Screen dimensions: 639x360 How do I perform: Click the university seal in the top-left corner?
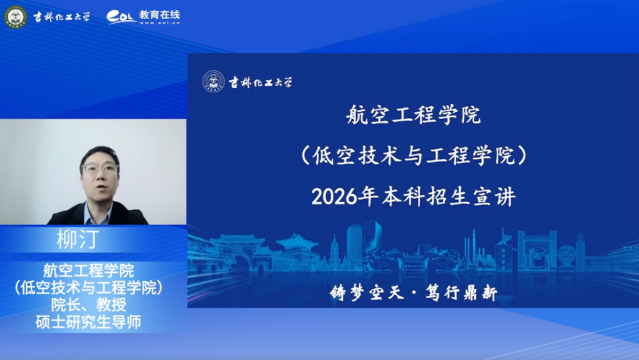tap(16, 17)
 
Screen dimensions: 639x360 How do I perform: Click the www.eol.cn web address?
tap(159, 23)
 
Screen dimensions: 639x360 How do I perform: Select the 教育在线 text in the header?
tap(159, 14)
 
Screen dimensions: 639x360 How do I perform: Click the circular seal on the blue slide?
tap(213, 81)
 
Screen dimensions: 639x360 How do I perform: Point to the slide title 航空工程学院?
tap(413, 115)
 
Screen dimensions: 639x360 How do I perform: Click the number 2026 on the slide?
tap(334, 197)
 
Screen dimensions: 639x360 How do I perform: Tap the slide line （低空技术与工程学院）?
tap(413, 156)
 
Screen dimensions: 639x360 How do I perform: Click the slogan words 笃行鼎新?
tap(461, 293)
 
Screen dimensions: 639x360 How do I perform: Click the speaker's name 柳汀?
tap(78, 239)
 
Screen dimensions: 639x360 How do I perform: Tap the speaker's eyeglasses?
tap(100, 169)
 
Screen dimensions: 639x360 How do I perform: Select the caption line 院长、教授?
tap(88, 304)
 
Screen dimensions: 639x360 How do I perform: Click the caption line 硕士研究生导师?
tap(88, 322)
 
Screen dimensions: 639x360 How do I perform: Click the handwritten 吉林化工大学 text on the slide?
tap(260, 82)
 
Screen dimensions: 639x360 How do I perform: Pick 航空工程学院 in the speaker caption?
tap(88, 270)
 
